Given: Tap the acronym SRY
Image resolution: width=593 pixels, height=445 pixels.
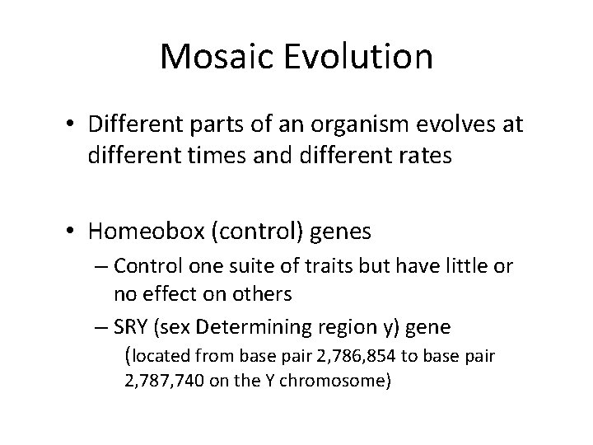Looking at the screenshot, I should [x=133, y=327].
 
